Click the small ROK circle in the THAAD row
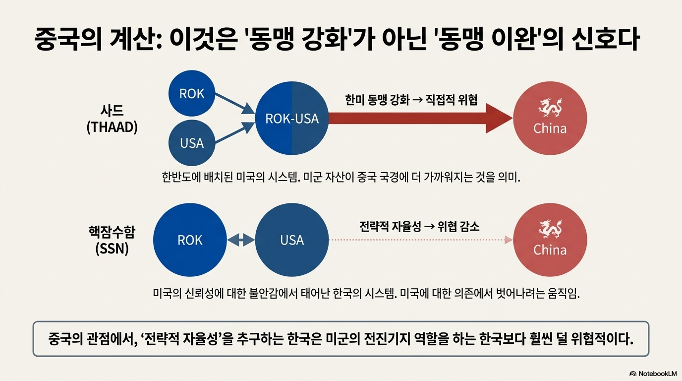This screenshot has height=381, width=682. tap(191, 94)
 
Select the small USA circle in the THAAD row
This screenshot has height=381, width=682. tap(191, 143)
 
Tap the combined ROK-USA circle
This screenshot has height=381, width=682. tap(292, 119)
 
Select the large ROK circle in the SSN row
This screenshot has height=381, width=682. tap(190, 240)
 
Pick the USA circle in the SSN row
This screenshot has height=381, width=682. tap(292, 240)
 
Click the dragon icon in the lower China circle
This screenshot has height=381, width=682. tap(550, 229)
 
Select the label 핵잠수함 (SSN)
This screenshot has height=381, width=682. tap(112, 240)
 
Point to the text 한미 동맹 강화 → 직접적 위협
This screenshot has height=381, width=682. tap(411, 100)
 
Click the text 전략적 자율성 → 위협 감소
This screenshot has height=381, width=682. tap(419, 227)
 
